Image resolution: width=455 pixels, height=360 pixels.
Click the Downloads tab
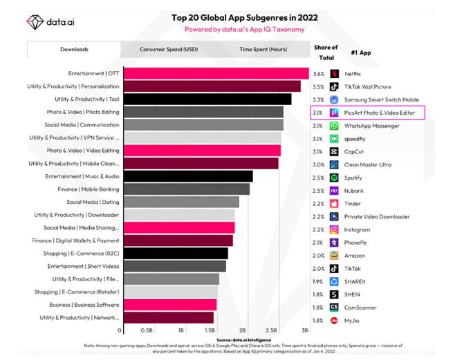click(x=74, y=50)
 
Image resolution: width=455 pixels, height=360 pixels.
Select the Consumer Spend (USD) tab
click(x=168, y=50)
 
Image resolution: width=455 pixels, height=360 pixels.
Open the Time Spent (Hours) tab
click(x=263, y=50)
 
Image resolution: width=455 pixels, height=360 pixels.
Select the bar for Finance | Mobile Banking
click(x=186, y=189)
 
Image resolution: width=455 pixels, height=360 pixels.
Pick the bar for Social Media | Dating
click(x=181, y=202)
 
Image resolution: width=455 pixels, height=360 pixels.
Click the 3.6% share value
click(x=319, y=73)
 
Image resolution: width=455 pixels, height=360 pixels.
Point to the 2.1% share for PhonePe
click(x=319, y=243)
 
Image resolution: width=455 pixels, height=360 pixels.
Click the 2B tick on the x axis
click(x=243, y=330)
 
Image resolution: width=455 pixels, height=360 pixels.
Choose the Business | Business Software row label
click(x=84, y=304)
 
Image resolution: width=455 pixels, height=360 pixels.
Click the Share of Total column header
click(x=326, y=52)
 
